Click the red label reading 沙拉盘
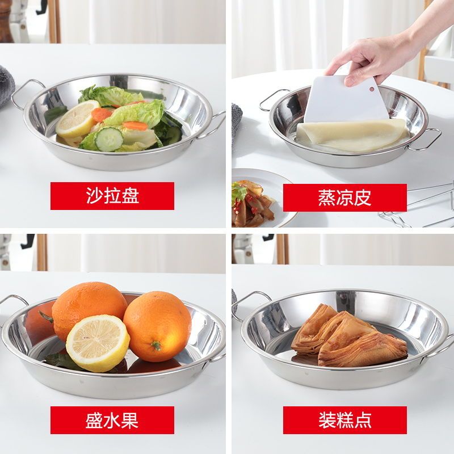coord(112,196)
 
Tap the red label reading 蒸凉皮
coord(345,197)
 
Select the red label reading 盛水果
coord(112,420)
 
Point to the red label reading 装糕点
coord(345,420)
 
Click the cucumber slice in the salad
coord(109,139)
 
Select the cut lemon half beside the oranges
coord(98,343)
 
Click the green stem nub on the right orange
coord(157,345)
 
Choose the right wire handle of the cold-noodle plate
coord(424,139)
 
